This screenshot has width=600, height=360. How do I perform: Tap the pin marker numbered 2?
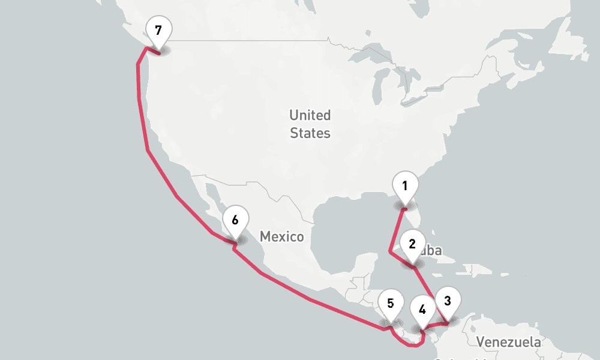412,244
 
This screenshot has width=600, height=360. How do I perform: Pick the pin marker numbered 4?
422,310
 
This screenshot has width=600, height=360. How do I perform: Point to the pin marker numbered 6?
235,220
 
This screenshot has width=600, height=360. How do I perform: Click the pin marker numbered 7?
158,30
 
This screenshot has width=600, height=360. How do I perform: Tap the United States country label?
310,124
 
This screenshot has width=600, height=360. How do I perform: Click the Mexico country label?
282,236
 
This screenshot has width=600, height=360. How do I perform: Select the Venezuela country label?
509,342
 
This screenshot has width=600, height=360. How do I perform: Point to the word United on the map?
310,115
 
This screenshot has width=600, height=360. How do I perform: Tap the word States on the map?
310,133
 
